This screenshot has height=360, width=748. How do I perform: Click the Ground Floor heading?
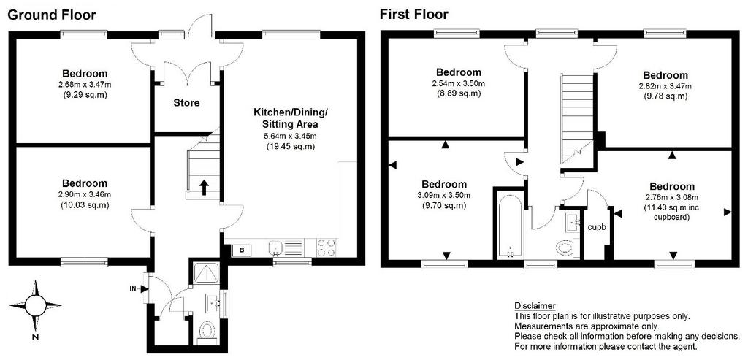52,15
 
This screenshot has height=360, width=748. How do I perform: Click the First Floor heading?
413,15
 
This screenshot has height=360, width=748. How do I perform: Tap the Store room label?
186,102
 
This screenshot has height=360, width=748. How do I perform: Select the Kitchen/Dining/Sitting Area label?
291,119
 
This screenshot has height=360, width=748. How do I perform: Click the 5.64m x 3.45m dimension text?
291,136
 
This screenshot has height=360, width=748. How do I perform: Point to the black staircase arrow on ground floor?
204,188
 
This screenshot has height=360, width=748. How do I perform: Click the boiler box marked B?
241,249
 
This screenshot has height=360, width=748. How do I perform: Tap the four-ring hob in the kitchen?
327,248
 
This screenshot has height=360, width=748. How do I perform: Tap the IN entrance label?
132,288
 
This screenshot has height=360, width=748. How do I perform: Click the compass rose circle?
35,305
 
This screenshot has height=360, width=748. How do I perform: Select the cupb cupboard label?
596,227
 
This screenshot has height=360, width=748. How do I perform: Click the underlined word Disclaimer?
535,306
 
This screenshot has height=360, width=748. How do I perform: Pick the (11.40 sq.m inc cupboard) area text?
671,212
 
